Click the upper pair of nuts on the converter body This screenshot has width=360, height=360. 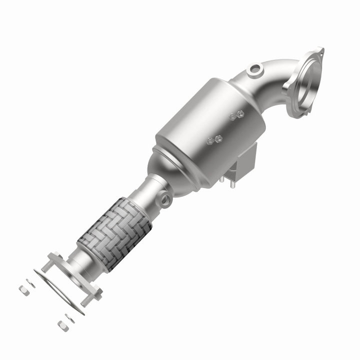click(x=236, y=115)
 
